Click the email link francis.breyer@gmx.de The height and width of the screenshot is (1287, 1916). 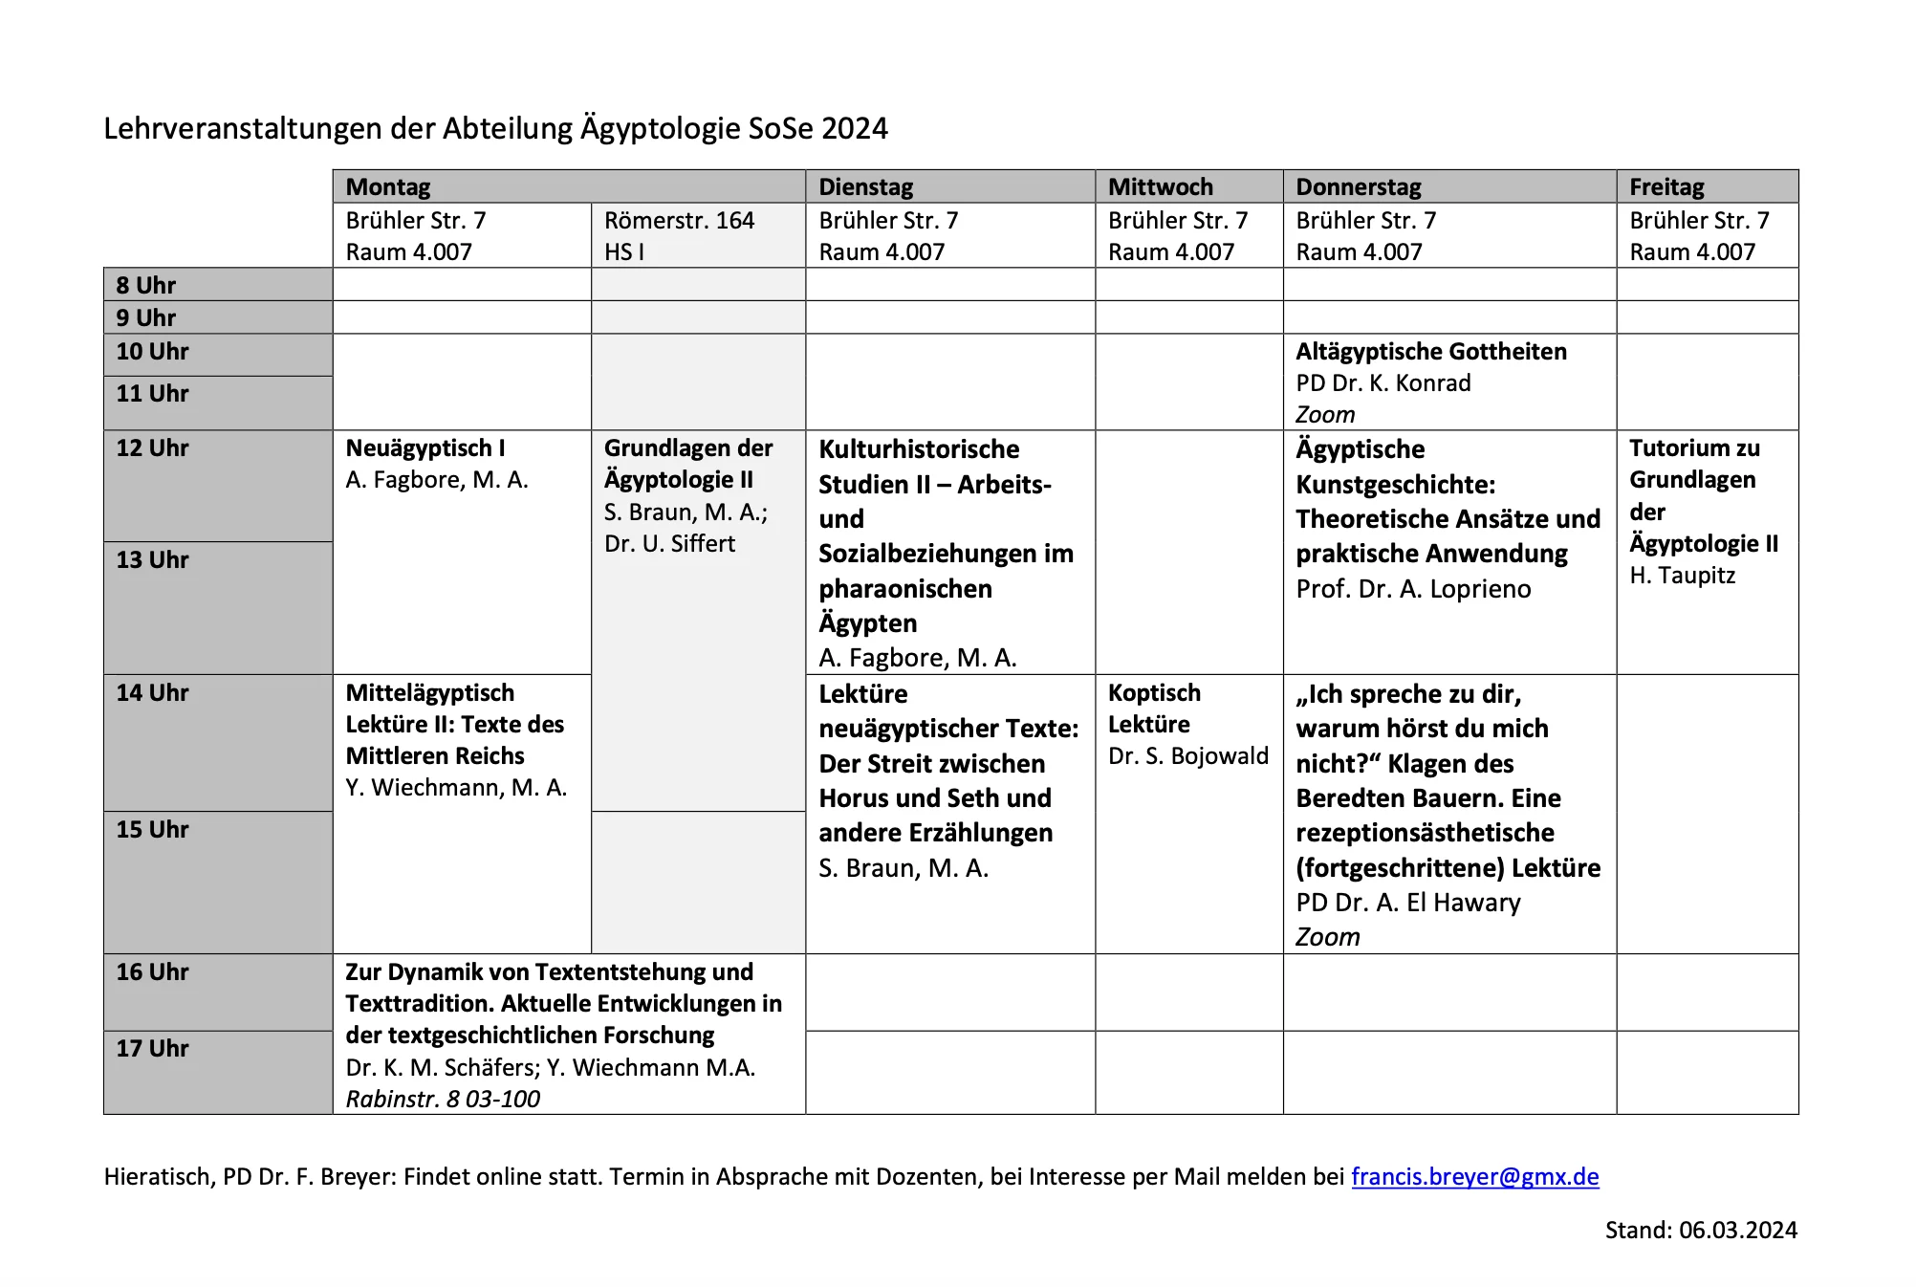coord(1474,1176)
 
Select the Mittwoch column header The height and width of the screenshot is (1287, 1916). coord(1160,186)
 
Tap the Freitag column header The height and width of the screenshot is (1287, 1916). coord(1666,186)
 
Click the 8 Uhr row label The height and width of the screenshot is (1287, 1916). coord(146,285)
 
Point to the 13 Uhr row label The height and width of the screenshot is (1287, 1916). coord(153,559)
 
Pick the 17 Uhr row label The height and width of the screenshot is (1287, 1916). coord(153,1048)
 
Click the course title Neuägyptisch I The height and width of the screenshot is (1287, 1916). coord(425,447)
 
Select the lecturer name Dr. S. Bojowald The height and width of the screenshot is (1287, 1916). coord(1187,755)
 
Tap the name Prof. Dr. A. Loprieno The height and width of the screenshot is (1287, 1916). coord(1413,588)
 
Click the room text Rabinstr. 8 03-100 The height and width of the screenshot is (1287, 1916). coord(443,1099)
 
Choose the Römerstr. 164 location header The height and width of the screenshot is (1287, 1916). coord(679,220)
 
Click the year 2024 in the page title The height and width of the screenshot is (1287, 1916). coord(854,128)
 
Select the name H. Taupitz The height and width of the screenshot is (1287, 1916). coord(1682,575)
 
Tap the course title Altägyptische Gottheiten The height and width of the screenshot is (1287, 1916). coord(1430,351)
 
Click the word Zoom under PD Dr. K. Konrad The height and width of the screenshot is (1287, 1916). coord(1325,414)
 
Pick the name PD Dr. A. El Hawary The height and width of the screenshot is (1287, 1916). coord(1407,902)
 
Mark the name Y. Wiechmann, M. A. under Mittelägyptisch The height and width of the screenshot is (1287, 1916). coord(456,787)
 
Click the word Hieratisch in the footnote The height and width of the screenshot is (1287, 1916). coord(158,1176)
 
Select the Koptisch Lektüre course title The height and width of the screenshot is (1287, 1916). coord(1154,708)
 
